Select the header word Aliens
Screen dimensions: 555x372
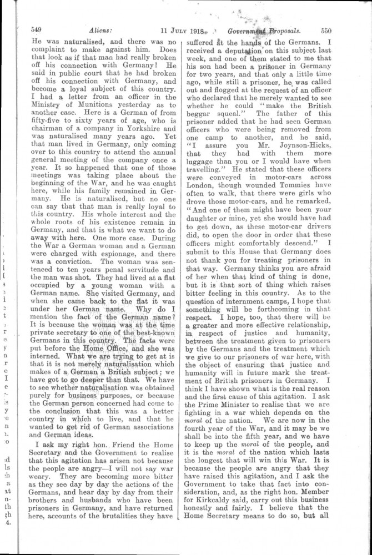85,31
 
